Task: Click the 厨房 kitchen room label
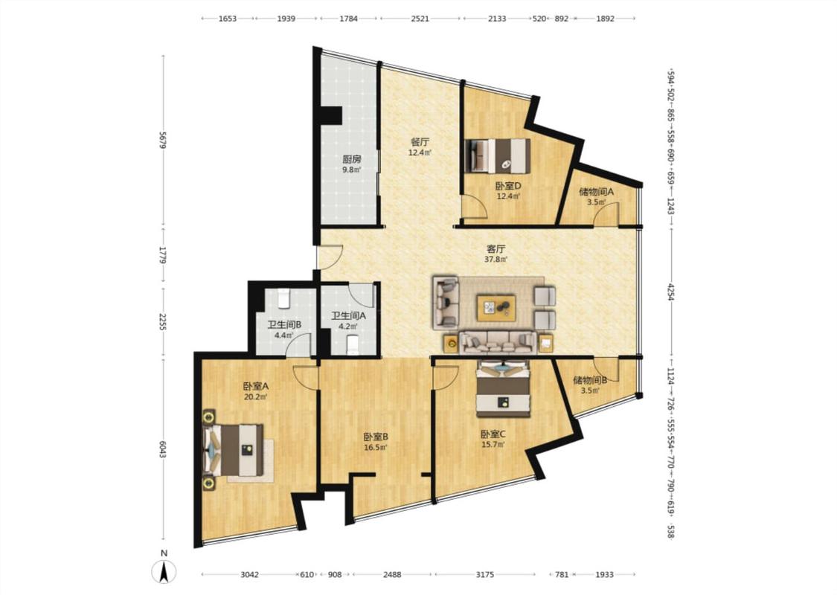pyautogui.click(x=352, y=159)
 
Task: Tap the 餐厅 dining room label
pyautogui.click(x=420, y=142)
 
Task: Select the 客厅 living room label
pyautogui.click(x=496, y=249)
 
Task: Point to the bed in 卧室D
pyautogui.click(x=498, y=156)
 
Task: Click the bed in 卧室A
pyautogui.click(x=234, y=450)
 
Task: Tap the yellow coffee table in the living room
pyautogui.click(x=496, y=307)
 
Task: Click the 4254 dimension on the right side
pyautogui.click(x=670, y=292)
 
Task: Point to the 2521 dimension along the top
pyautogui.click(x=420, y=19)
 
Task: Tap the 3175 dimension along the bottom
pyautogui.click(x=484, y=575)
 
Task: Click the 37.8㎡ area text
pyautogui.click(x=496, y=260)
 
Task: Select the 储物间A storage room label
pyautogui.click(x=596, y=192)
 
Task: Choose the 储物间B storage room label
pyautogui.click(x=590, y=381)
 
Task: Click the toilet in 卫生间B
pyautogui.click(x=284, y=299)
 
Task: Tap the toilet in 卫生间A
pyautogui.click(x=353, y=344)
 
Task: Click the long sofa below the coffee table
pyautogui.click(x=498, y=343)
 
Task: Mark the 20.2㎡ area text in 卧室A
pyautogui.click(x=255, y=397)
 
